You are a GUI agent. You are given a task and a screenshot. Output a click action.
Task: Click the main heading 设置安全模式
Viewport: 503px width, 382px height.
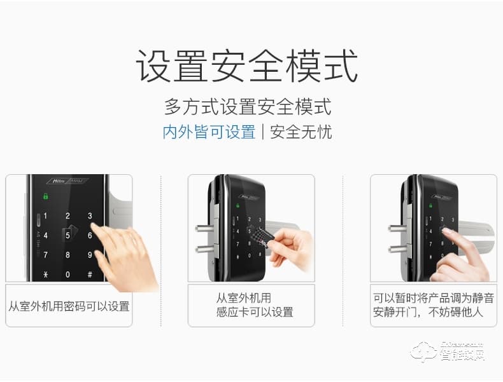(x=246, y=67)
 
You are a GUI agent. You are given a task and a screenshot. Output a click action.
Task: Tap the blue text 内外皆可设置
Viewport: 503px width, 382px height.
(x=209, y=132)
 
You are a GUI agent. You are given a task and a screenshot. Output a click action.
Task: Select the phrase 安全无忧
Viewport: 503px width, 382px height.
(x=301, y=132)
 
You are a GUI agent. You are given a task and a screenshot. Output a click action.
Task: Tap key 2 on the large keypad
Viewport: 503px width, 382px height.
(x=67, y=216)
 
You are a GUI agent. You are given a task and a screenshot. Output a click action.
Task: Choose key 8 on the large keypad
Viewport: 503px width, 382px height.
(x=67, y=255)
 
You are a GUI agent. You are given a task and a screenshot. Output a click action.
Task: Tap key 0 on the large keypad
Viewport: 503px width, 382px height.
(x=67, y=275)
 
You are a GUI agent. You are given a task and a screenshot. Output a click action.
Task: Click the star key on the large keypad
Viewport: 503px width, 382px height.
(x=45, y=275)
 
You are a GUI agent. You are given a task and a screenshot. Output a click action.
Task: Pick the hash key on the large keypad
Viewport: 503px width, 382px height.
(x=90, y=275)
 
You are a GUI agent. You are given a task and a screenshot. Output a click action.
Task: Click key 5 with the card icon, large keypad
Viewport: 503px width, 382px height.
(x=67, y=235)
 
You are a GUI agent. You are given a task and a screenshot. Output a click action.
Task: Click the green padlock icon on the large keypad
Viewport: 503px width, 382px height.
(x=46, y=196)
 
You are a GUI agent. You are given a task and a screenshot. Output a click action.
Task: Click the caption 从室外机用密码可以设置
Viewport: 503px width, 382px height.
(x=69, y=306)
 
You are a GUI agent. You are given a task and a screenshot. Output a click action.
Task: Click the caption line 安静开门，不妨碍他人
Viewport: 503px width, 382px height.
(x=428, y=312)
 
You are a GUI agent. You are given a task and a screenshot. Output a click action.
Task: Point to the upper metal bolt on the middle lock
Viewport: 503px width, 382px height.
(x=203, y=227)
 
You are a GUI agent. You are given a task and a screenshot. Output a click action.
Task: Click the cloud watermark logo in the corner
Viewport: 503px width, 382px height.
(x=423, y=351)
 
